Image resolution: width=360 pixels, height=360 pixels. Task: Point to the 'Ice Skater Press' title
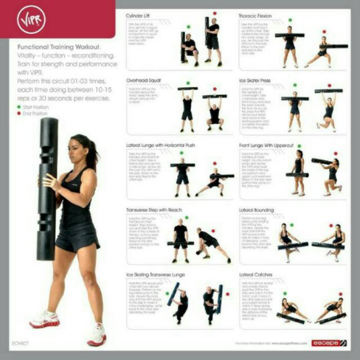coord(255,80)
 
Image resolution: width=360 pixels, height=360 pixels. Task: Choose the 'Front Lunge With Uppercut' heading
coord(266,145)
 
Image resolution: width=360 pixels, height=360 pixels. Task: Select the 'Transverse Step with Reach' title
coord(152,210)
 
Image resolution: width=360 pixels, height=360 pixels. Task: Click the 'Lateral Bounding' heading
coord(256,210)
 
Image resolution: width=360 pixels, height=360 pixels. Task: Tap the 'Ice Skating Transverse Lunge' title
coord(155,274)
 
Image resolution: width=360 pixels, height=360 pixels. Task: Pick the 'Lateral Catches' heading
coord(254,274)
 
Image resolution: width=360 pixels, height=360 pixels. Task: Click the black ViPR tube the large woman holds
coord(47,186)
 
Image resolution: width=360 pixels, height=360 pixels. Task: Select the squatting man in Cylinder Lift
coord(190,48)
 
